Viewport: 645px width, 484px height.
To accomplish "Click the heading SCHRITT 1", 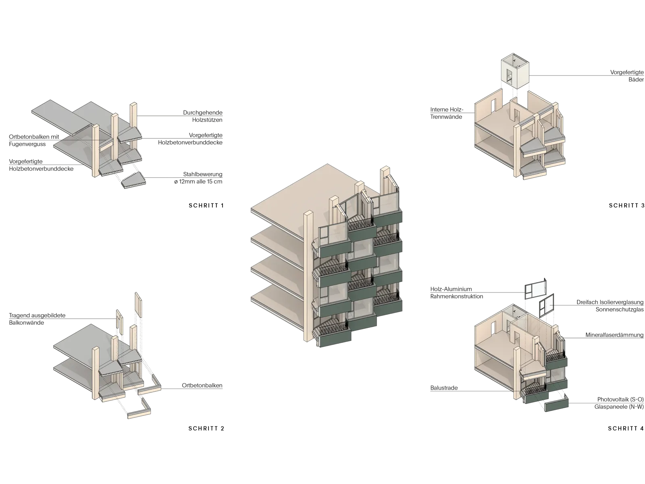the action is click(x=206, y=205).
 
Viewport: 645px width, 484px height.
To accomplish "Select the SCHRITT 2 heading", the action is click(x=206, y=428).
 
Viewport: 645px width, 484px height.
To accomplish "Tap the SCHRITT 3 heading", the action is click(x=626, y=205).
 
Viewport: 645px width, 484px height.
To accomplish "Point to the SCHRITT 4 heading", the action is click(x=626, y=428).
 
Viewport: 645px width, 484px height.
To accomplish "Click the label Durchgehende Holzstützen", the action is click(x=203, y=116).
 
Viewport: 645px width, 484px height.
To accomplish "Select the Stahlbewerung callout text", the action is click(x=198, y=178).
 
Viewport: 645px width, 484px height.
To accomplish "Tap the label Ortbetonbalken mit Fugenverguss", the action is click(x=34, y=140).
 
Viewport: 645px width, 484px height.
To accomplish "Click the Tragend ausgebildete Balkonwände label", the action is click(x=37, y=319).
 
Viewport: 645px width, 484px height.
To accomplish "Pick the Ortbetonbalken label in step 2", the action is click(x=202, y=385).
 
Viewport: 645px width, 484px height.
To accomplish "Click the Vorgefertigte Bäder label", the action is click(x=627, y=76).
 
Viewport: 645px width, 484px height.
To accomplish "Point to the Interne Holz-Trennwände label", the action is click(x=447, y=113).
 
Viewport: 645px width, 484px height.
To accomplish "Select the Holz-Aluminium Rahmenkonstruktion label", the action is click(x=457, y=293).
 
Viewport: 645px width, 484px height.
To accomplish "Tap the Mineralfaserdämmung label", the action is click(x=614, y=335).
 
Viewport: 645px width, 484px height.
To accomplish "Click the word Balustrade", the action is click(x=444, y=388).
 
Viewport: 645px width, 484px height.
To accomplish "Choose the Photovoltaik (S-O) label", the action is click(x=620, y=399).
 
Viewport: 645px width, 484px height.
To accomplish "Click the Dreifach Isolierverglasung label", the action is click(x=610, y=302).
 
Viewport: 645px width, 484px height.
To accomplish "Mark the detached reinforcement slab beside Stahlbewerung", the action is click(x=134, y=180).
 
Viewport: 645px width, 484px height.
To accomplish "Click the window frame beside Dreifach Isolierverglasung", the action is click(x=546, y=306).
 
